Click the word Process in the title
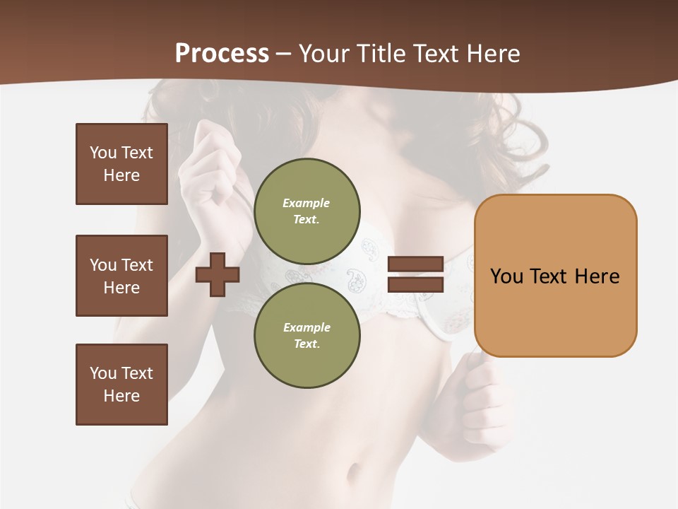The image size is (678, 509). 222,54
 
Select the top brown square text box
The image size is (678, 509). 121,164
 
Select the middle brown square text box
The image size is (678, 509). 121,276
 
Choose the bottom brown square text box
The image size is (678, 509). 121,385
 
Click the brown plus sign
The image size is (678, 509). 218,274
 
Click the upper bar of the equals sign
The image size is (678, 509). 415,264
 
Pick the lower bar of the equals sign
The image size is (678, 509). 415,285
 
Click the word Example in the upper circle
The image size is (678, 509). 307,203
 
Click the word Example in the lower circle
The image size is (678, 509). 307,327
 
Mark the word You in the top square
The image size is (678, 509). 102,153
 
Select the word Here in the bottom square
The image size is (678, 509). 121,396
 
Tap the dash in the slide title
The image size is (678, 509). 284,54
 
